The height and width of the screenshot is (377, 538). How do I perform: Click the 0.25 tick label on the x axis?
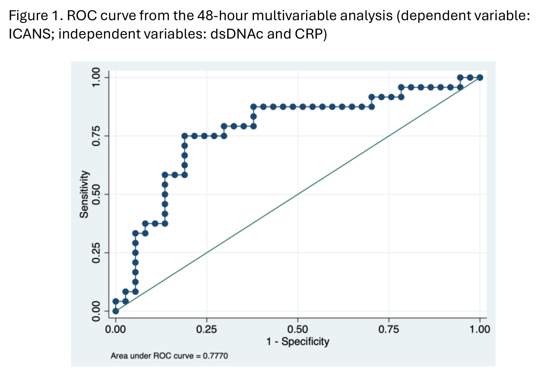[x=206, y=329]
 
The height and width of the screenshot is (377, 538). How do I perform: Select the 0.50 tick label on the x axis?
[x=298, y=329]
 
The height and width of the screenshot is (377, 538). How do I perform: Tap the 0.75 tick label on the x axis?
[x=389, y=329]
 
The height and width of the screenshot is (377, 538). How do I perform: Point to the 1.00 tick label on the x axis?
[x=480, y=329]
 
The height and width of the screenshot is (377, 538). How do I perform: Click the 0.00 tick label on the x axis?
[x=115, y=329]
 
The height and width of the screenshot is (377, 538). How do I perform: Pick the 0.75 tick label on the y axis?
[x=96, y=136]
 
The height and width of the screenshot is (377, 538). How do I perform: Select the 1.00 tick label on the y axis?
[x=96, y=77]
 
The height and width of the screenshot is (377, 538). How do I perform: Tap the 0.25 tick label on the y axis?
[x=96, y=253]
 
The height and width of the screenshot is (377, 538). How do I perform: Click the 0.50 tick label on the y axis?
[x=96, y=194]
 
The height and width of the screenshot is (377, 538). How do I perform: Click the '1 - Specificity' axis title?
[x=298, y=342]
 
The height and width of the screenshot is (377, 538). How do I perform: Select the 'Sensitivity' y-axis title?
[x=84, y=194]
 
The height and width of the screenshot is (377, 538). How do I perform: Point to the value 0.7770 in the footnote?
[x=215, y=356]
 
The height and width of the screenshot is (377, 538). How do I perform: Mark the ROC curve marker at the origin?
[x=116, y=311]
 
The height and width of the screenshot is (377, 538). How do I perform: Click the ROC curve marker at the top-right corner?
[x=480, y=78]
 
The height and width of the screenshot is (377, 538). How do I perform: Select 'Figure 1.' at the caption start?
[x=36, y=16]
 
